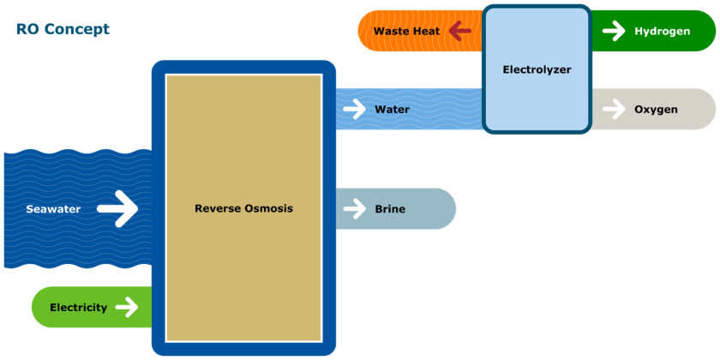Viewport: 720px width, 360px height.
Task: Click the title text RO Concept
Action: [63, 30]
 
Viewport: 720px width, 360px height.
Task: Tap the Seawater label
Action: [53, 209]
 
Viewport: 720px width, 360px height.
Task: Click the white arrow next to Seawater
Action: [117, 208]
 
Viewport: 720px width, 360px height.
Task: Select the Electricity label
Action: [78, 307]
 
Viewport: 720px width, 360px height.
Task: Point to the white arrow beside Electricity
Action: [127, 307]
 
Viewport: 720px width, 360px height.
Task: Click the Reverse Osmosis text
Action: [243, 208]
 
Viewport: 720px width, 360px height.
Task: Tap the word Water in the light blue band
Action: [392, 110]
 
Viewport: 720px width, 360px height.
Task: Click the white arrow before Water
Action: [354, 110]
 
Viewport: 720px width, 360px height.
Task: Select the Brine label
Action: [390, 208]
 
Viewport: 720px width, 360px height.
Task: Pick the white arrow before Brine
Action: [354, 208]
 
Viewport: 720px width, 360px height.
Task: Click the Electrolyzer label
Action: [537, 69]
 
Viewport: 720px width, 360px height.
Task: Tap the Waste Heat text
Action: [406, 31]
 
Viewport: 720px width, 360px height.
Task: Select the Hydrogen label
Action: [662, 31]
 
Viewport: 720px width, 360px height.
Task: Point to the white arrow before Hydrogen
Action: [614, 31]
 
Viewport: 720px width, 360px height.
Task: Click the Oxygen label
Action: [656, 109]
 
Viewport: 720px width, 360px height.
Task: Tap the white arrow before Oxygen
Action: [614, 109]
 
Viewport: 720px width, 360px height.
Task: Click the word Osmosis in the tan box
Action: [267, 208]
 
